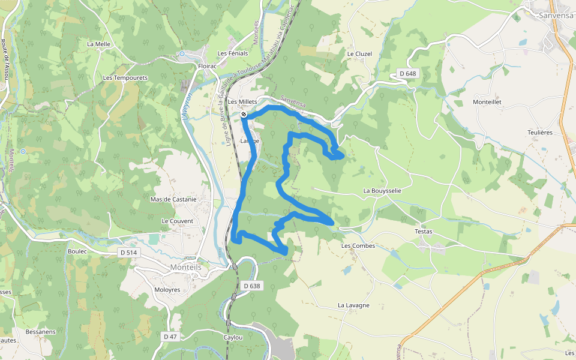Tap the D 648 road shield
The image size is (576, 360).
pyautogui.click(x=407, y=73)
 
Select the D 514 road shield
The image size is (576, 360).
pyautogui.click(x=129, y=253)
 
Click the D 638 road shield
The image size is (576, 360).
pyautogui.click(x=253, y=286)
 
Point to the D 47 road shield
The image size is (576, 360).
pyautogui.click(x=170, y=337)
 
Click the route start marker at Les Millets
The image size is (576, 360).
pyautogui.click(x=244, y=114)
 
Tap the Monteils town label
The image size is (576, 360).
pyautogui.click(x=190, y=267)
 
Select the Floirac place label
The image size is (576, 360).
pyautogui.click(x=207, y=66)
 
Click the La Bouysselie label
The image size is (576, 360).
pyautogui.click(x=382, y=190)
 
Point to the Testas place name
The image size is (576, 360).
pyautogui.click(x=423, y=231)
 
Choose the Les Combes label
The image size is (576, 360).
pyautogui.click(x=358, y=245)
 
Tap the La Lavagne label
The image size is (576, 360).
pyautogui.click(x=353, y=305)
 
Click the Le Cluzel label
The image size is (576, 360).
pyautogui.click(x=359, y=53)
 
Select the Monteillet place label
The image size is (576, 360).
pyautogui.click(x=487, y=102)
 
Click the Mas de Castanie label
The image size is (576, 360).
pyautogui.click(x=173, y=199)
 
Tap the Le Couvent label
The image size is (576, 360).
pyautogui.click(x=177, y=221)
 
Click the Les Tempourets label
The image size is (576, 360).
pyautogui.click(x=125, y=77)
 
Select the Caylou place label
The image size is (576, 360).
pyautogui.click(x=233, y=337)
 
